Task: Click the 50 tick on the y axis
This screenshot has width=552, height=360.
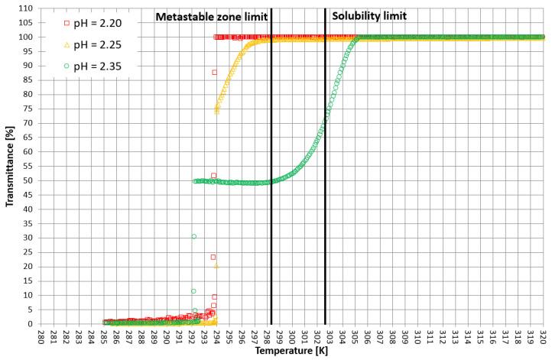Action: [26, 180]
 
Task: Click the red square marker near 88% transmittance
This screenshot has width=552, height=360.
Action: [215, 73]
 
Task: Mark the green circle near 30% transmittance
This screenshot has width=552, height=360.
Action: [194, 237]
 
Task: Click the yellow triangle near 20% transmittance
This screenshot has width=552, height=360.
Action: [216, 265]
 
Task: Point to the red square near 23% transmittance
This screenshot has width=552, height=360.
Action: [213, 257]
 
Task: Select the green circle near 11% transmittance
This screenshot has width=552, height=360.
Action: [194, 291]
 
